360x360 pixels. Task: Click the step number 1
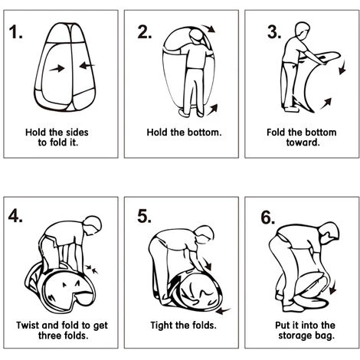point(15,32)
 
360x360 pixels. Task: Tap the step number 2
point(145,32)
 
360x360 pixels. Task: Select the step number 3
point(274,32)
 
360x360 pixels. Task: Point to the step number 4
point(15,216)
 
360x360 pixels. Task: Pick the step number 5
point(145,216)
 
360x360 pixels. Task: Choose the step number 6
point(268,218)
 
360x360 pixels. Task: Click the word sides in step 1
point(77,133)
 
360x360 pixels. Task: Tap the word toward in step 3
point(303,142)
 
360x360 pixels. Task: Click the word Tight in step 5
point(161,326)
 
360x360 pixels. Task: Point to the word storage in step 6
point(295,335)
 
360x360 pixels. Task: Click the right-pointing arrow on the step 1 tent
point(57,68)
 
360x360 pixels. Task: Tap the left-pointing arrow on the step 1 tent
point(87,66)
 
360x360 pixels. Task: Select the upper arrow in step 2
point(209,28)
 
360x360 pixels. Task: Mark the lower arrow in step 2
point(212,110)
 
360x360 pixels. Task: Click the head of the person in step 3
point(303,31)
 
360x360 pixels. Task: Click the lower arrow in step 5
point(223,311)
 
